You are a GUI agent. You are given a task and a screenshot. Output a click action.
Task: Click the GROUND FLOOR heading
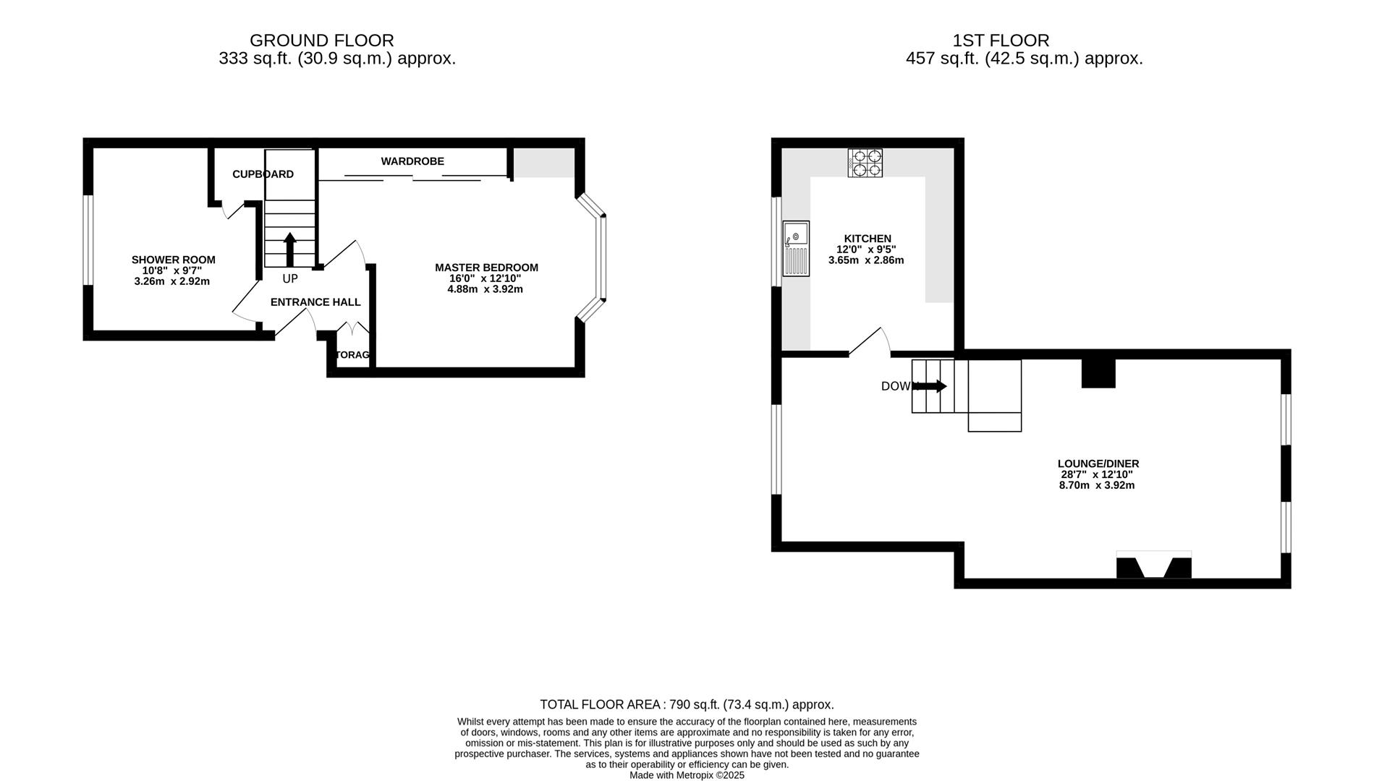[321, 40]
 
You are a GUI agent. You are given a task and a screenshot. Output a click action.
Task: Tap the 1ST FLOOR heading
[1001, 40]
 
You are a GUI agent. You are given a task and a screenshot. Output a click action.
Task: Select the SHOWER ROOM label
[173, 260]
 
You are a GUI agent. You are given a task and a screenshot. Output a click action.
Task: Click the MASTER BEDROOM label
[486, 268]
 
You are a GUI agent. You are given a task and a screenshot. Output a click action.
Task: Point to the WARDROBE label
[412, 161]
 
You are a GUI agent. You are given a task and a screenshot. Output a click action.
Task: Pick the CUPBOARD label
[263, 174]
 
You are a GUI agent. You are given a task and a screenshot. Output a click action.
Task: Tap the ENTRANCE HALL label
[315, 302]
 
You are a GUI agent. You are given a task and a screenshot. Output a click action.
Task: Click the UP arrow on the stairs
[289, 249]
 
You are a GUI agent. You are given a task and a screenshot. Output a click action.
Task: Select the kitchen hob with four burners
[865, 163]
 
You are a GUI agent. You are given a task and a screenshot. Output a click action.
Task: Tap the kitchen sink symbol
[796, 248]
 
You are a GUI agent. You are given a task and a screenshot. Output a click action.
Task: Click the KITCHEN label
[868, 239]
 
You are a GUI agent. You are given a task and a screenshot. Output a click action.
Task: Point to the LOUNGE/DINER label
[1098, 464]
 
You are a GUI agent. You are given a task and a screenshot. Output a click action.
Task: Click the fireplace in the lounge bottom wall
[1153, 566]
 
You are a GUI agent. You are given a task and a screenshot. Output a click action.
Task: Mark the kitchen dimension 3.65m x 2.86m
[866, 260]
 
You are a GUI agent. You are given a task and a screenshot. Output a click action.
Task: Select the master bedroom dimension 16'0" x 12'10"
[485, 278]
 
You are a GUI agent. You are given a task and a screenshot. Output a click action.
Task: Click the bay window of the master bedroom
[602, 257]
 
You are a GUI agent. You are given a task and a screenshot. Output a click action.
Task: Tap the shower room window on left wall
[88, 240]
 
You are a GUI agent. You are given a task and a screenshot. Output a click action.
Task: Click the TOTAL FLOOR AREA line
[687, 704]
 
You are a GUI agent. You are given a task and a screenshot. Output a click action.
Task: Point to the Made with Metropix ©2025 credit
[687, 775]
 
